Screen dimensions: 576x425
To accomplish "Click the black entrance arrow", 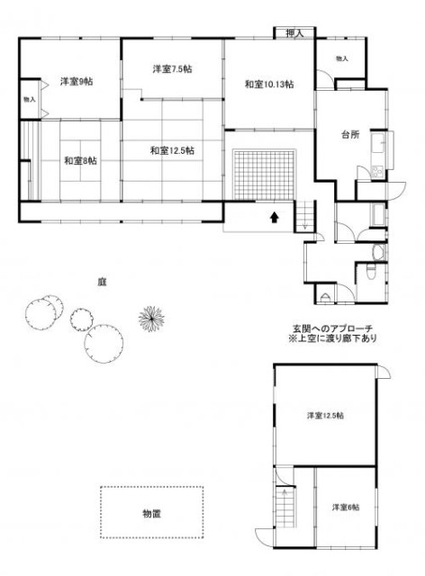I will (x=271, y=217).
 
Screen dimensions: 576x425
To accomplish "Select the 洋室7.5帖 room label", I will (x=171, y=69).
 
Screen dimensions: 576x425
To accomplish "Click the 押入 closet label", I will (x=294, y=34).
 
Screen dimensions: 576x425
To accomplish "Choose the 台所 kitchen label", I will (x=350, y=135).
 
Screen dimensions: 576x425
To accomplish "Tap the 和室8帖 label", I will (x=80, y=161).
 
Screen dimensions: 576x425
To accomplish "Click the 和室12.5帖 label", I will (x=173, y=149).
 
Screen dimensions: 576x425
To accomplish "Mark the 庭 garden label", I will (x=103, y=281).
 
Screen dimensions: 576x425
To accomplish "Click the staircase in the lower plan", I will (x=285, y=509).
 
